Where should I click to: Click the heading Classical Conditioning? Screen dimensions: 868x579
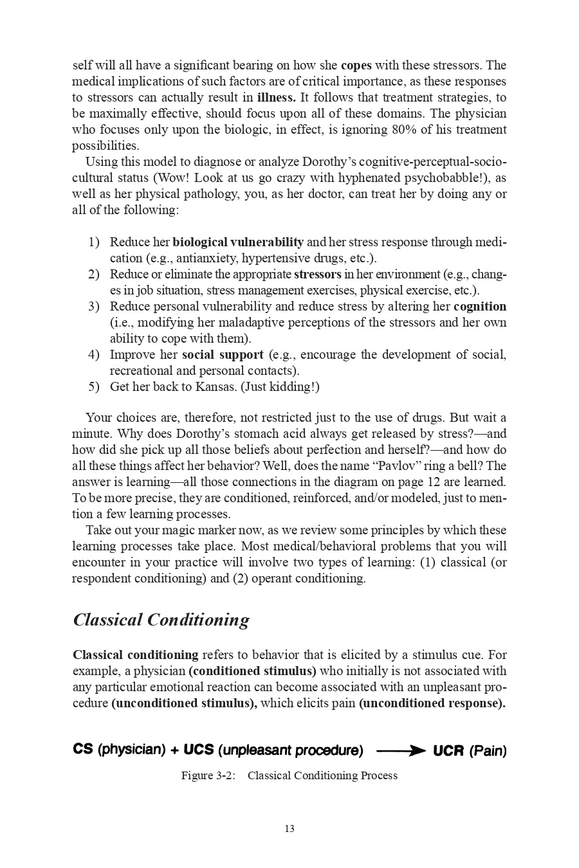[161, 620]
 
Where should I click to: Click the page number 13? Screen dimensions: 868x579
[289, 829]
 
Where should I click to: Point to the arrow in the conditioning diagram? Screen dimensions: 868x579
[400, 750]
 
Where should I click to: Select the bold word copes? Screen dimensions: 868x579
[356, 66]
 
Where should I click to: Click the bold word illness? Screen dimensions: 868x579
[276, 98]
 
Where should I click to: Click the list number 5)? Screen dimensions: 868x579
[94, 386]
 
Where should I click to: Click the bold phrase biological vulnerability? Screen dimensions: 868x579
[238, 242]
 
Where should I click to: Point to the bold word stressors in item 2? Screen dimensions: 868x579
[318, 275]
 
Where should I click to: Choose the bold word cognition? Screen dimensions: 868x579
[480, 307]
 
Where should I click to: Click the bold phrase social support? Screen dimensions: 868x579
[223, 355]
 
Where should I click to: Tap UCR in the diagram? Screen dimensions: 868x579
[448, 750]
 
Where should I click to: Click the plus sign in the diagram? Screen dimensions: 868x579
[174, 750]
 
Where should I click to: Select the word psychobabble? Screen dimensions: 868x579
[439, 178]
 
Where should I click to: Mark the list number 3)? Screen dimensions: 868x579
[94, 307]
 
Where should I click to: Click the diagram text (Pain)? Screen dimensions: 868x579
[488, 750]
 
